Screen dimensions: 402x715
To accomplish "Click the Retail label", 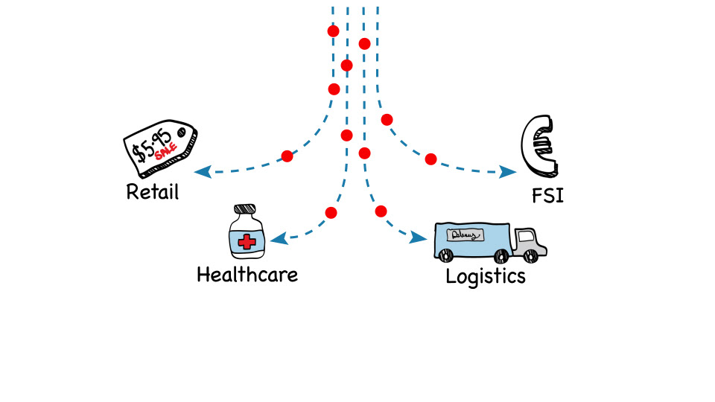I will pyautogui.click(x=153, y=192).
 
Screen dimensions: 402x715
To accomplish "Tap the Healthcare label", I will pyautogui.click(x=247, y=275).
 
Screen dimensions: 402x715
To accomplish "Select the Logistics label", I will pyautogui.click(x=486, y=276).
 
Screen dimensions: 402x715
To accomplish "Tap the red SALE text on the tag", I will pyautogui.click(x=165, y=153).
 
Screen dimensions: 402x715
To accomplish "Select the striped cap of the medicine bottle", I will pyautogui.click(x=246, y=210).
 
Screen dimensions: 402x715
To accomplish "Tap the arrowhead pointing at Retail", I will pyautogui.click(x=200, y=173).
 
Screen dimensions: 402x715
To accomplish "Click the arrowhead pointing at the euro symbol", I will pyautogui.click(x=509, y=172).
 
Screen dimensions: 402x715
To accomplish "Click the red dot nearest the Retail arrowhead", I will pyautogui.click(x=287, y=156).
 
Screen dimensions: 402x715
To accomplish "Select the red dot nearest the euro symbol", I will pyautogui.click(x=430, y=159).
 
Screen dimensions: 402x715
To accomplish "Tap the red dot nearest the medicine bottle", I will pyautogui.click(x=331, y=213).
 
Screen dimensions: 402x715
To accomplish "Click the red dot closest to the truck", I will pyautogui.click(x=381, y=211).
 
